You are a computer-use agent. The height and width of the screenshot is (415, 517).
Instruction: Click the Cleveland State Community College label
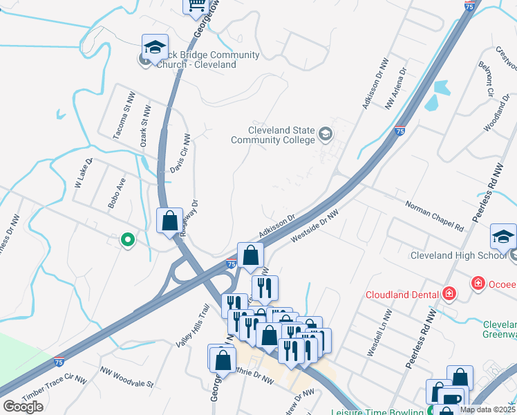coord(281,136)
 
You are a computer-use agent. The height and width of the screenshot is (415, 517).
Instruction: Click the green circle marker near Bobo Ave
coord(127,240)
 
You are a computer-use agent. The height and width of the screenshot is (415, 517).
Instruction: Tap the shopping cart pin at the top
coord(196,6)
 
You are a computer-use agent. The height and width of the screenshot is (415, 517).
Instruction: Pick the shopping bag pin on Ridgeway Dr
coord(170,222)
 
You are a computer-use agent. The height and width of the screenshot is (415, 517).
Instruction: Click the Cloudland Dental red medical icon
coord(449,293)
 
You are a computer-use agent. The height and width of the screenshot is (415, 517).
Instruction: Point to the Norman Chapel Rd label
coord(433,215)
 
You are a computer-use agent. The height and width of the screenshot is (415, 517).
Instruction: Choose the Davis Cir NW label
coord(180,154)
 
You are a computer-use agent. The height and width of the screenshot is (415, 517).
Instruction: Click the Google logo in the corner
coord(23,407)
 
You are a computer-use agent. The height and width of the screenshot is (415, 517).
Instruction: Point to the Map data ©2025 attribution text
coord(487,409)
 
